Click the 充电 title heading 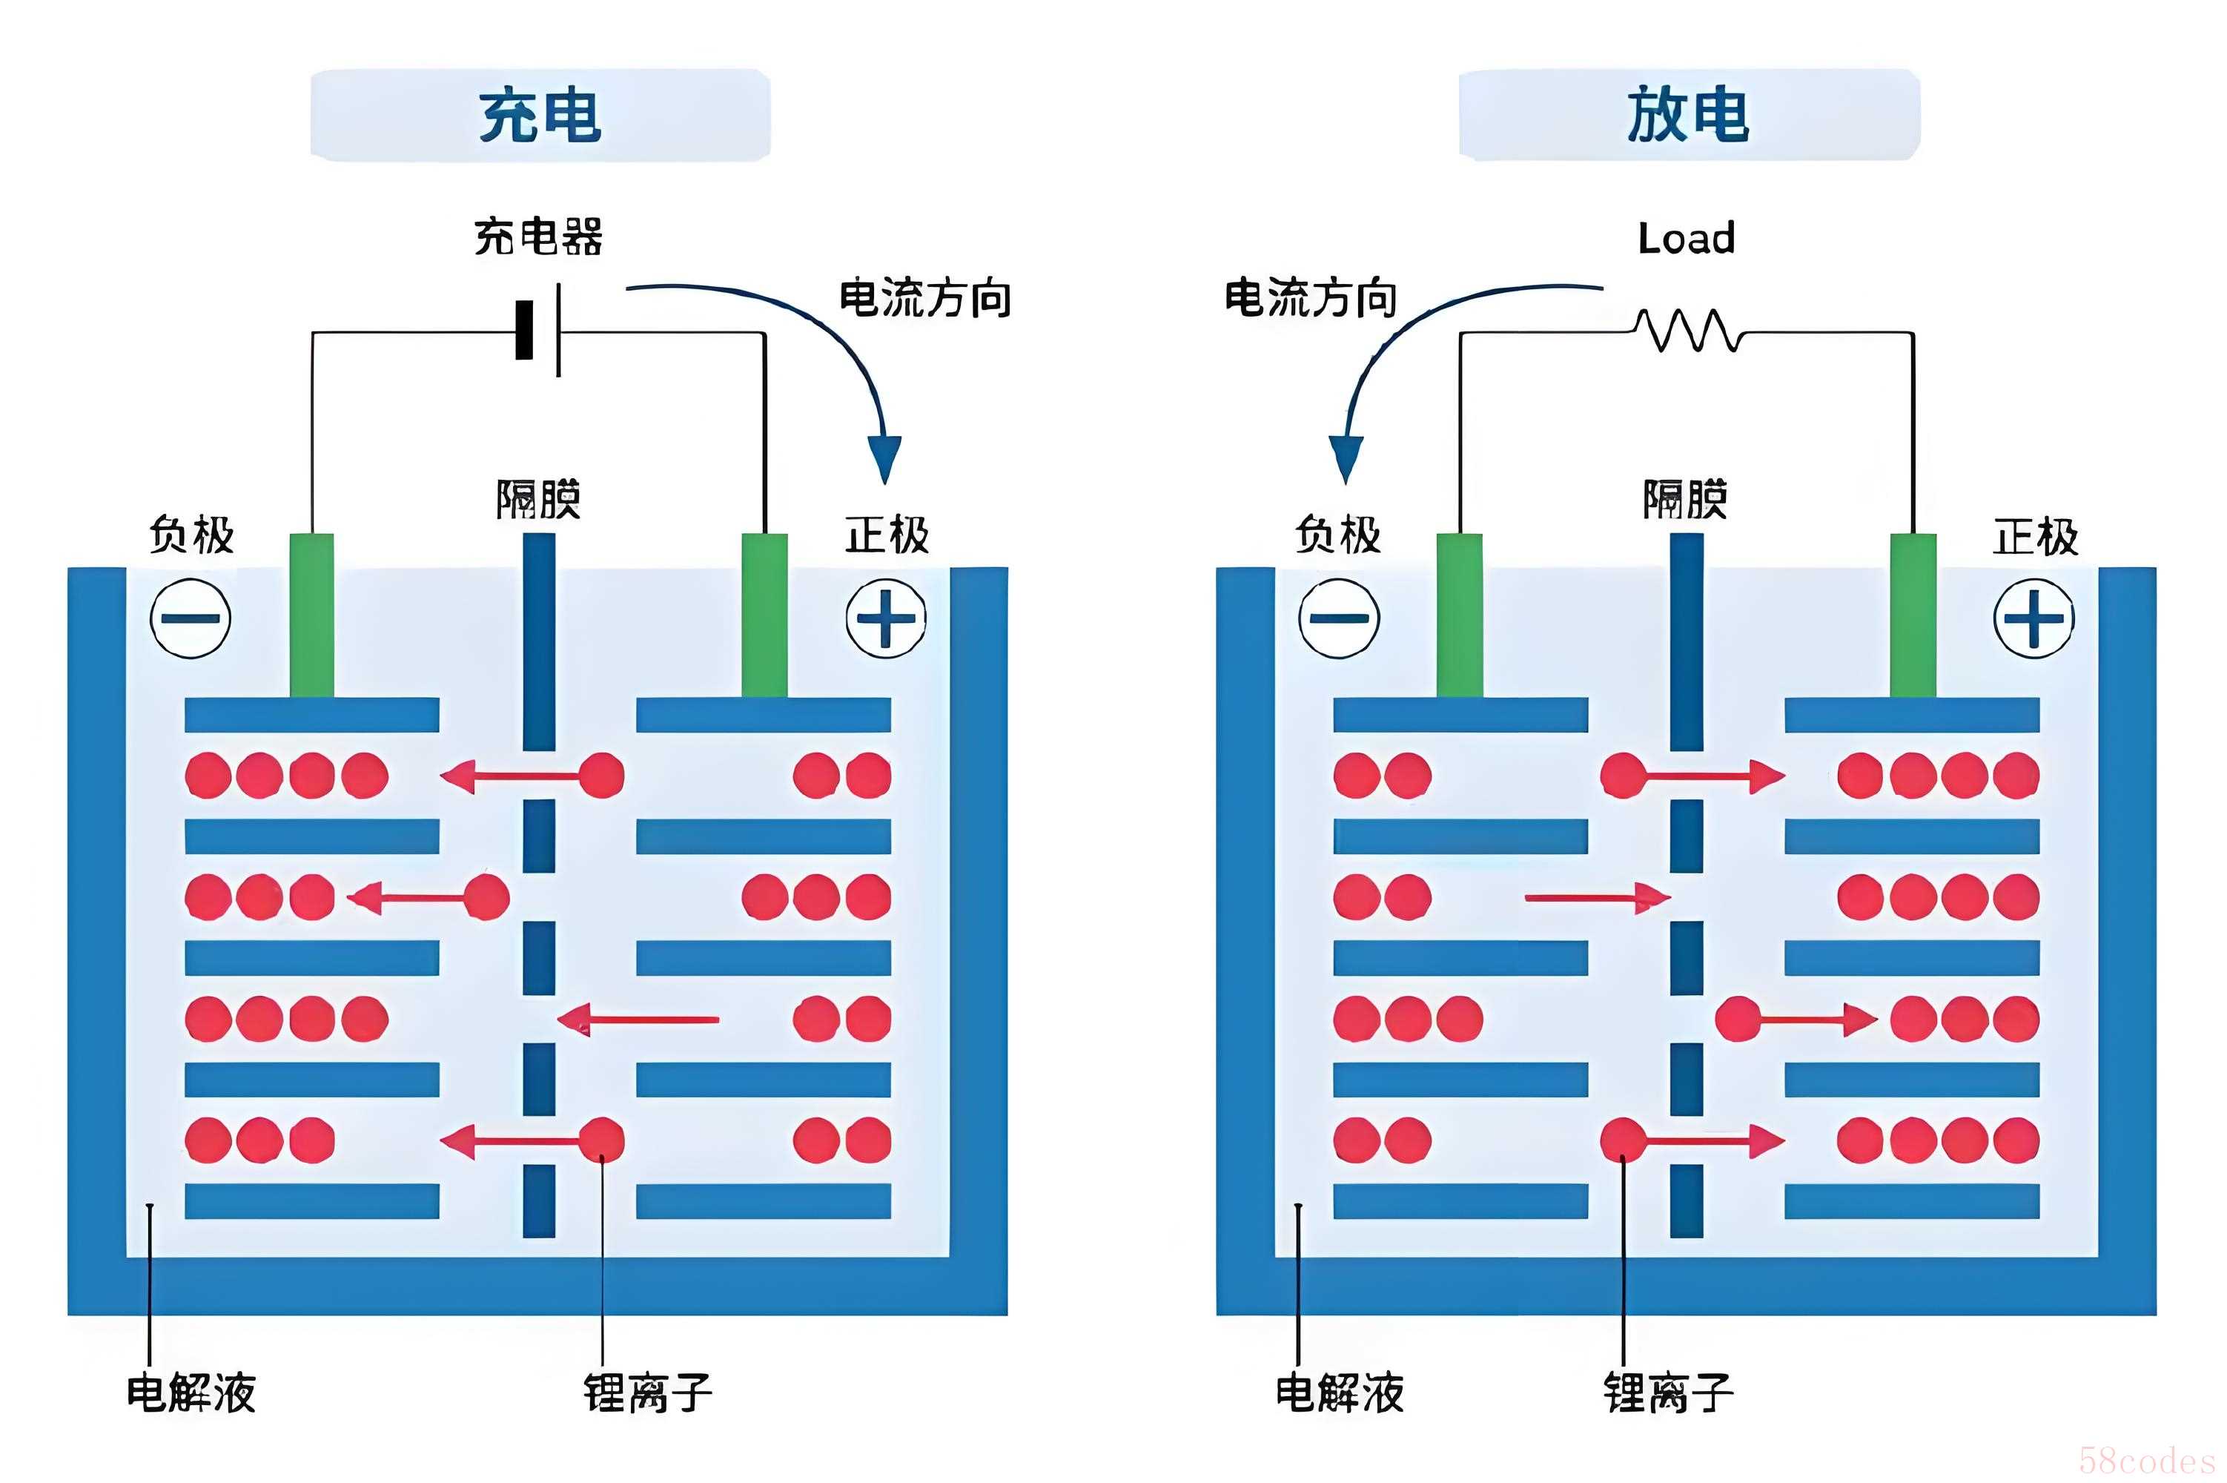(540, 116)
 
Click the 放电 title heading (1688, 116)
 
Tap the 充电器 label (538, 237)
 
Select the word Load (1686, 238)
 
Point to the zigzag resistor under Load (1689, 330)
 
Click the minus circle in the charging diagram (190, 618)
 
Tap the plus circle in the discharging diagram (2034, 618)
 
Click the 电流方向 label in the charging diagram (925, 299)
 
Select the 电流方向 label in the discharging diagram (1310, 299)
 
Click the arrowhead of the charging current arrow (885, 459)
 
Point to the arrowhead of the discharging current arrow (1346, 459)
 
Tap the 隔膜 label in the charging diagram (538, 499)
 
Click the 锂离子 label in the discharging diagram (1667, 1393)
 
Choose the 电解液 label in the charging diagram (191, 1393)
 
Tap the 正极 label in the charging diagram (887, 535)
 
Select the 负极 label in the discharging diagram (1338, 535)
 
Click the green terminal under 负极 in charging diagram (311, 615)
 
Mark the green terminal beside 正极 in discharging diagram (1912, 615)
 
